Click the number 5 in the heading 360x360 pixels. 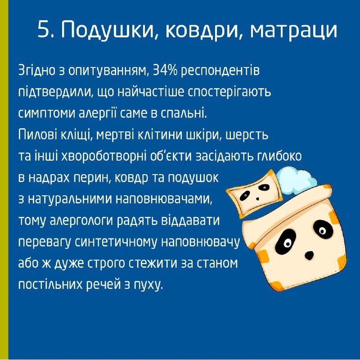(x=44, y=30)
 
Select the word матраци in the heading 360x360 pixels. (x=293, y=30)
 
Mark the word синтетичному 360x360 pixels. (x=117, y=243)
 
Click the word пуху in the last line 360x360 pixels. (x=148, y=285)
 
